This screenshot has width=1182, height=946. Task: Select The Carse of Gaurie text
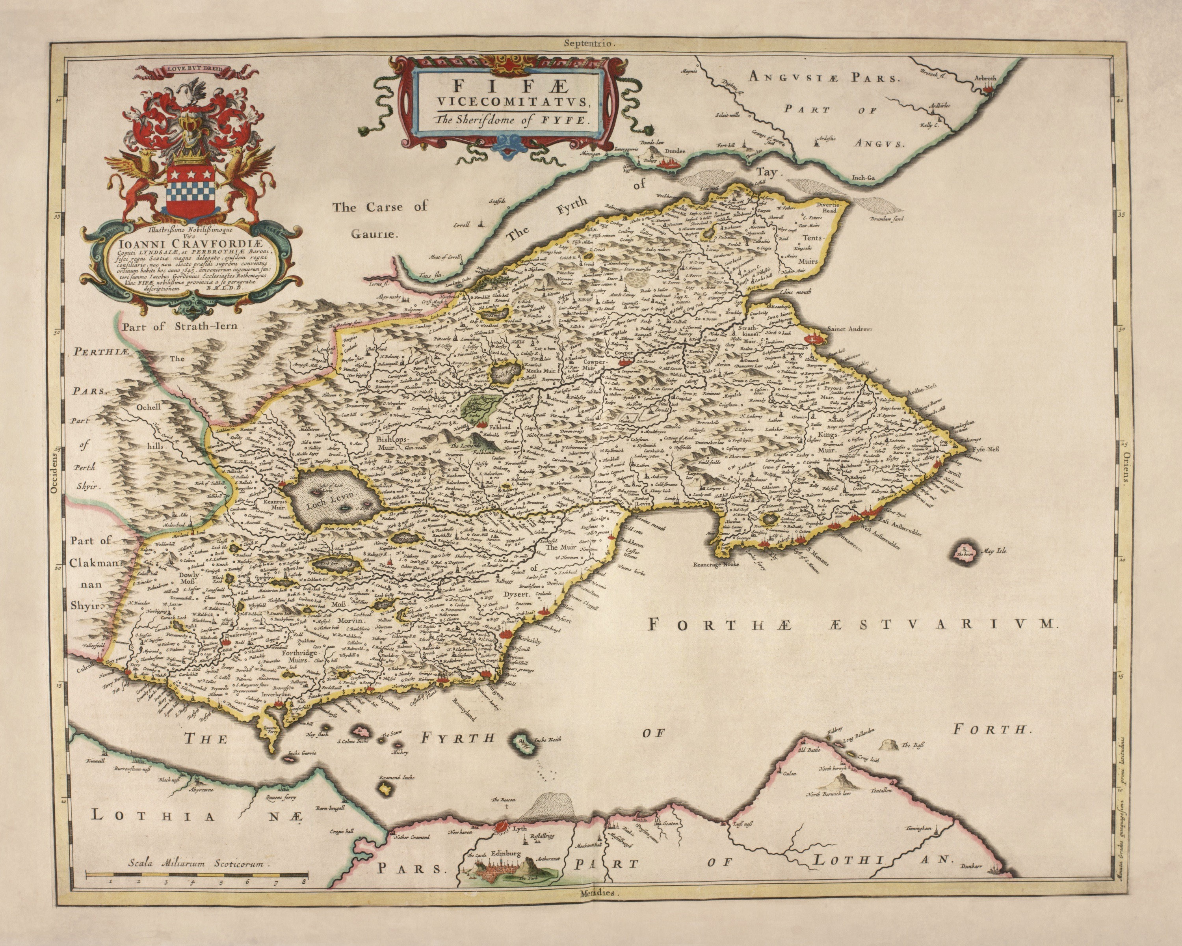pos(380,220)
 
